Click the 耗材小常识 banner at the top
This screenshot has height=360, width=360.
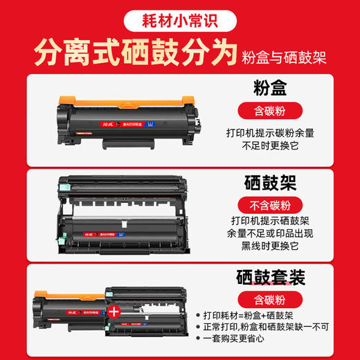pyautogui.click(x=179, y=19)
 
